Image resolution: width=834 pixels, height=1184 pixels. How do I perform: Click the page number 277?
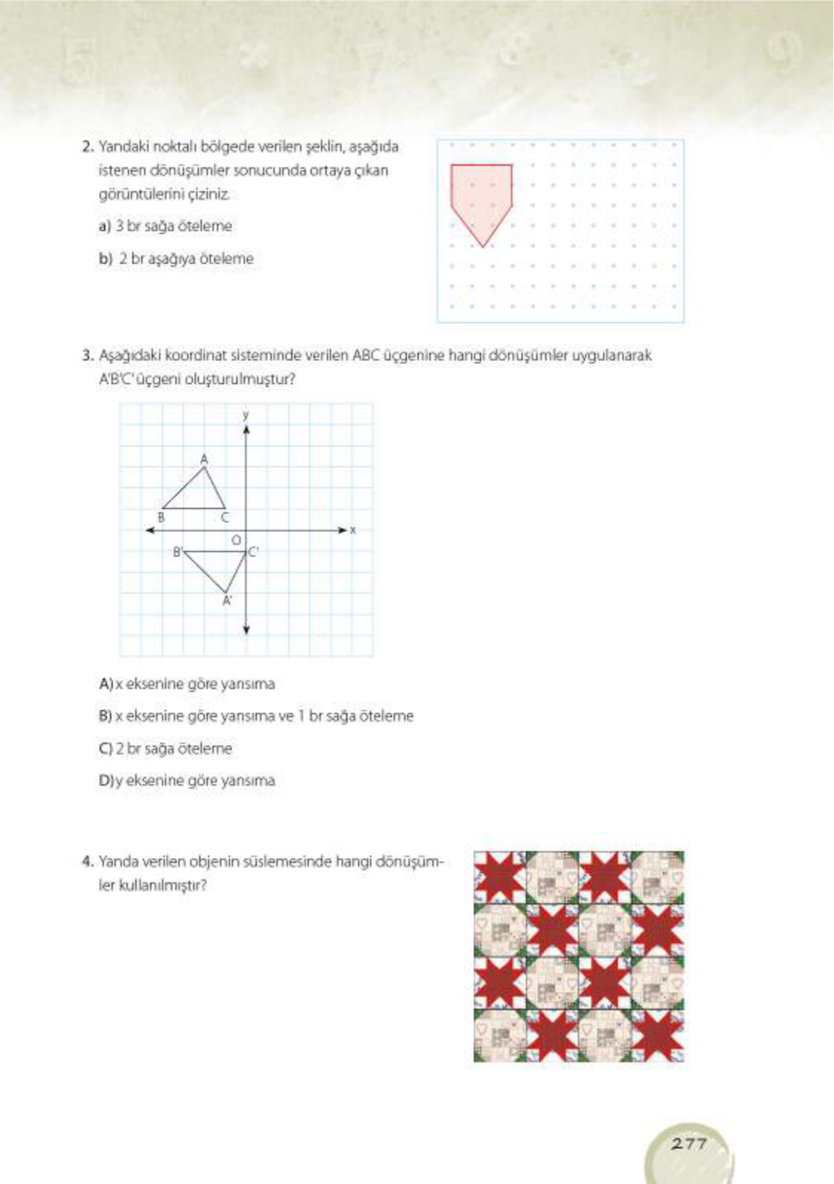pos(688,1143)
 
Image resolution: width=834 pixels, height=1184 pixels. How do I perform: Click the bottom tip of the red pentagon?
pos(483,245)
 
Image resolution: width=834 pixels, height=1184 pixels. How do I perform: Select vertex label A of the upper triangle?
pos(204,459)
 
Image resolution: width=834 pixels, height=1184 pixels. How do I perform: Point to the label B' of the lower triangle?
pos(177,551)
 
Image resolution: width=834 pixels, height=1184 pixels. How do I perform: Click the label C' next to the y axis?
pos(253,551)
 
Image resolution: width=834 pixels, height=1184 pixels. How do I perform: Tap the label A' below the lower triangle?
pos(227,601)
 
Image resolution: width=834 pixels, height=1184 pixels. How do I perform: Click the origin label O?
pos(236,541)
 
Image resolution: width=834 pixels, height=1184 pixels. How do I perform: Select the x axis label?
pos(353,530)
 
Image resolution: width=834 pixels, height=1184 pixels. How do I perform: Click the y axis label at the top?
pos(246,414)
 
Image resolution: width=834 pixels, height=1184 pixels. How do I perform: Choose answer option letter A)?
pos(105,683)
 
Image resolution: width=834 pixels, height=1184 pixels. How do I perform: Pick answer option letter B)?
pos(105,716)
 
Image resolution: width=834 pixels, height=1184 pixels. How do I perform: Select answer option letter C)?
pos(105,748)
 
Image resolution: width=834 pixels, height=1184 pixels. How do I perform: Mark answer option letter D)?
pos(105,781)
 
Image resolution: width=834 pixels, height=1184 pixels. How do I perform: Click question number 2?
pos(87,146)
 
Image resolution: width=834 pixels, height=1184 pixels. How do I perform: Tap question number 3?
pos(87,355)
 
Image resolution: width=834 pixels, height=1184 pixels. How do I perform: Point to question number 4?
pos(87,862)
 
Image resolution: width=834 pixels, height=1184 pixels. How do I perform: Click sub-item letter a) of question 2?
pos(104,226)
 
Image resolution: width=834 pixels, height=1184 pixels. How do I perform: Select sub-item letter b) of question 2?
pos(105,258)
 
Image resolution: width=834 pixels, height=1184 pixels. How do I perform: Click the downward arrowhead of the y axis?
pos(247,631)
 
